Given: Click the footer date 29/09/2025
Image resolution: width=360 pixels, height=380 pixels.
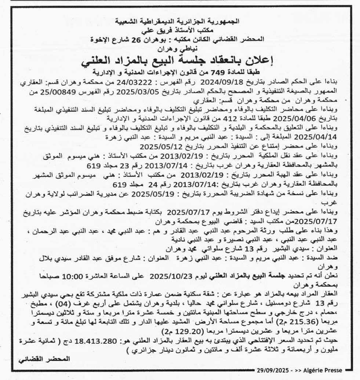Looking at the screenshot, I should (272, 370).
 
